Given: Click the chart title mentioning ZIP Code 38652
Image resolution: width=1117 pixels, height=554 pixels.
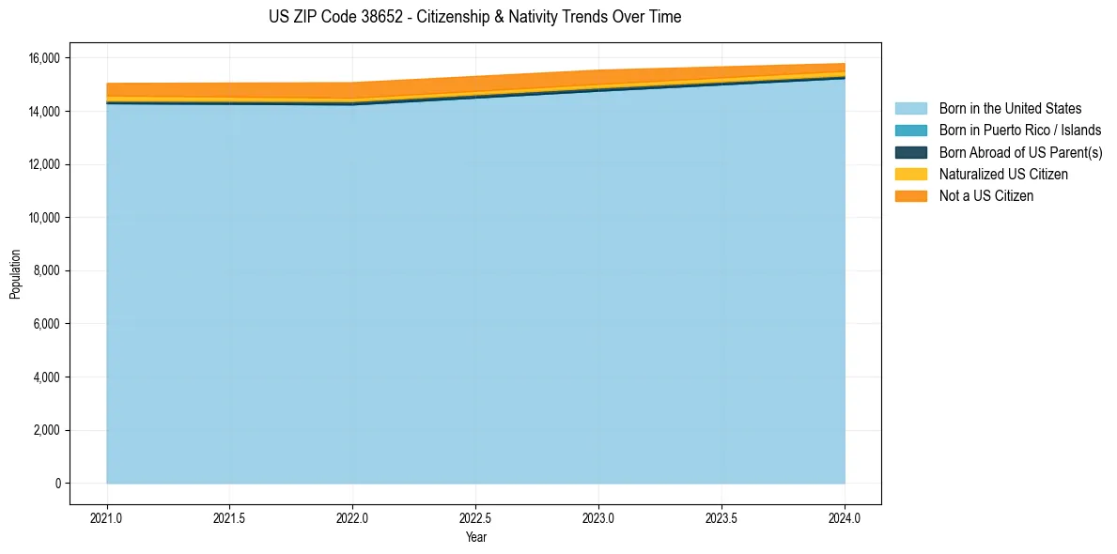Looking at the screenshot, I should [475, 17].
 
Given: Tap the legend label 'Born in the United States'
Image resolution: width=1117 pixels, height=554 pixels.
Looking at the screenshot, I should [1010, 109].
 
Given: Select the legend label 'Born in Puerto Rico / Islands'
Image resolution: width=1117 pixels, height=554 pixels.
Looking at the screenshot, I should [1020, 131].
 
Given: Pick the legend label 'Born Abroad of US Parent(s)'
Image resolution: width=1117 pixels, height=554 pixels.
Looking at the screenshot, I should [1020, 152].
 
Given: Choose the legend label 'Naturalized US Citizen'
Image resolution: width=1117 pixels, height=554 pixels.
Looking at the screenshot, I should [1003, 175].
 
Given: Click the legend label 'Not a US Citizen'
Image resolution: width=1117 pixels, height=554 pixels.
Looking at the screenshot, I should [986, 196].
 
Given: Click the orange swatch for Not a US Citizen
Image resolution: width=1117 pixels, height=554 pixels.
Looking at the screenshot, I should [910, 196].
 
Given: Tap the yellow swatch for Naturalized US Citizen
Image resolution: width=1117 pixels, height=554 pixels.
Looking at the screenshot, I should [910, 175].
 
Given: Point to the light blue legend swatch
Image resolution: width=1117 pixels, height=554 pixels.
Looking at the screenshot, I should [910, 109].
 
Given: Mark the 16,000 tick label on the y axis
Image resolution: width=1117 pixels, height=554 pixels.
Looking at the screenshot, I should [43, 58].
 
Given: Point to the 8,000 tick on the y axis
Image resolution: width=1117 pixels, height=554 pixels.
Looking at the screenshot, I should [46, 271].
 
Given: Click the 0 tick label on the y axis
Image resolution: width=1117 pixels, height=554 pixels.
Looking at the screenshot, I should [56, 484].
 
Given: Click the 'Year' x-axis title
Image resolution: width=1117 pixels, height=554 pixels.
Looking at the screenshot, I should [476, 538].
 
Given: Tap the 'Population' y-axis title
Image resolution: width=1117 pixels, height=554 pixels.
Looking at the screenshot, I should [15, 274].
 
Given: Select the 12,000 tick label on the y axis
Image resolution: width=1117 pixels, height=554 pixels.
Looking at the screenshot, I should [43, 164].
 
